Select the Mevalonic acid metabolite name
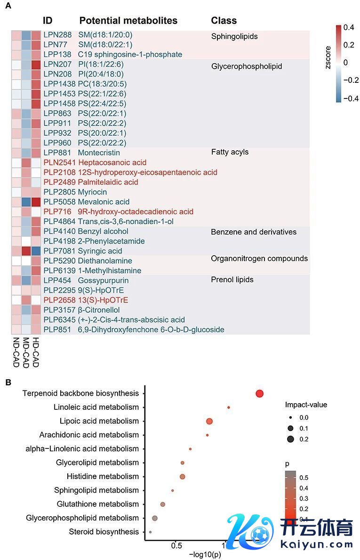(104, 202)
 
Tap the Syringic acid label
(100, 251)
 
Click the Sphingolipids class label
(234, 36)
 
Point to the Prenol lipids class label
(232, 280)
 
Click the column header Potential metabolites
(128, 21)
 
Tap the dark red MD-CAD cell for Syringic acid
(26, 251)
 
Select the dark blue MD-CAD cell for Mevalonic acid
(26, 202)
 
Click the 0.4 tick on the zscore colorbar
(349, 28)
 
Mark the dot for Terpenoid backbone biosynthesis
(259, 394)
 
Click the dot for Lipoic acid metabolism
(209, 421)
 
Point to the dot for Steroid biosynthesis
(150, 532)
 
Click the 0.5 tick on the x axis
(176, 546)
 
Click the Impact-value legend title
(306, 405)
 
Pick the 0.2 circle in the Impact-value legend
(290, 439)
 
